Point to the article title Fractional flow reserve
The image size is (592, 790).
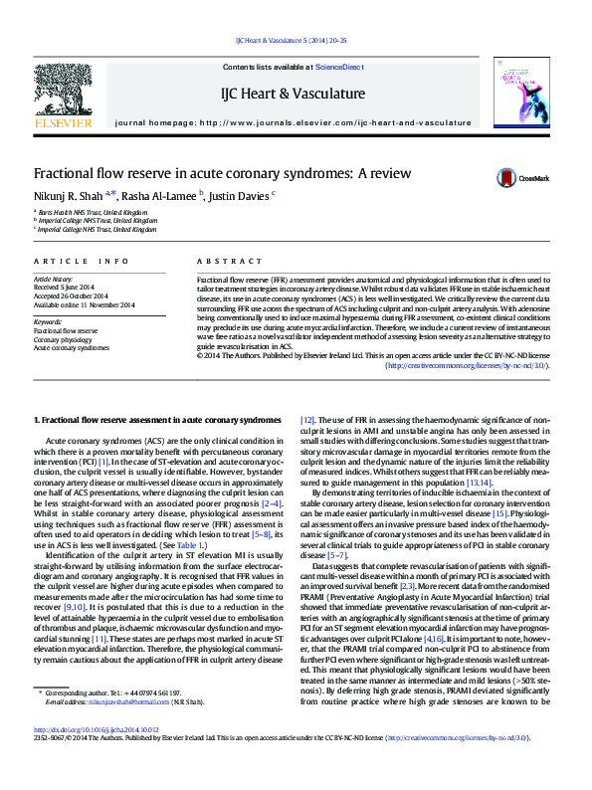point(223,172)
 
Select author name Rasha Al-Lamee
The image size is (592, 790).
point(159,195)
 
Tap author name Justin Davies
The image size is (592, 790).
point(240,195)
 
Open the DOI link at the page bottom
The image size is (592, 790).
point(97,757)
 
